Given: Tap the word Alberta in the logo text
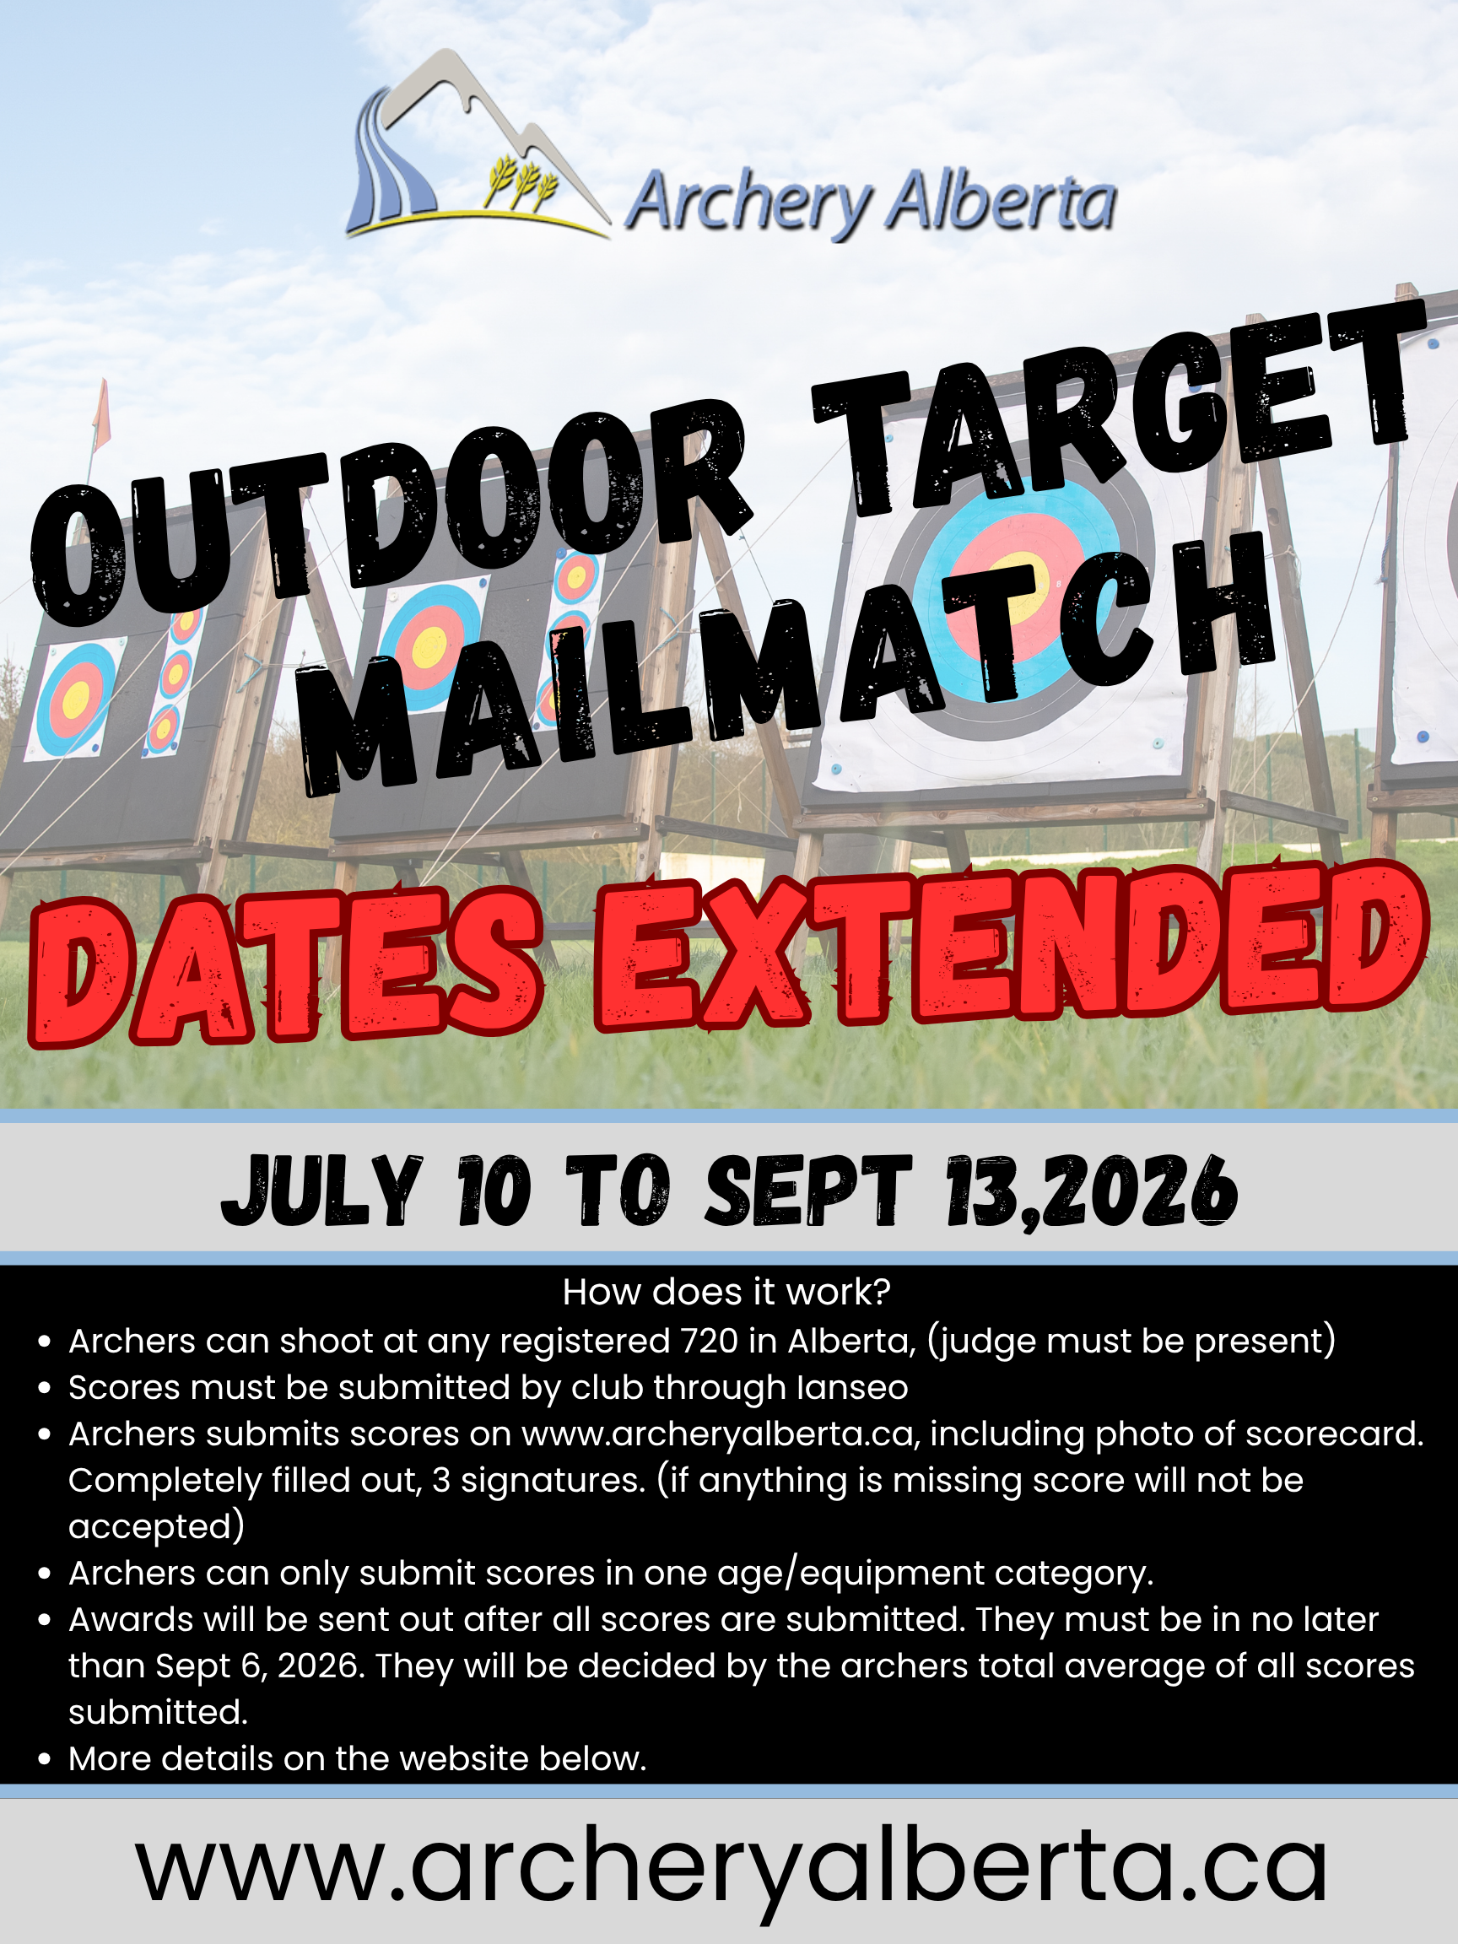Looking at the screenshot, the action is (x=1000, y=202).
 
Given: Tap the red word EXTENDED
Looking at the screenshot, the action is (x=1011, y=945).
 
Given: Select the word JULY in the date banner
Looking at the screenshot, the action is (x=321, y=1190).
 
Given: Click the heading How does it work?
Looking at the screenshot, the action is (x=726, y=1292).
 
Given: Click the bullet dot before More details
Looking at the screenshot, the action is (x=45, y=1760).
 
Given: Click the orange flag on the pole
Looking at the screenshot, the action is (x=101, y=414).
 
